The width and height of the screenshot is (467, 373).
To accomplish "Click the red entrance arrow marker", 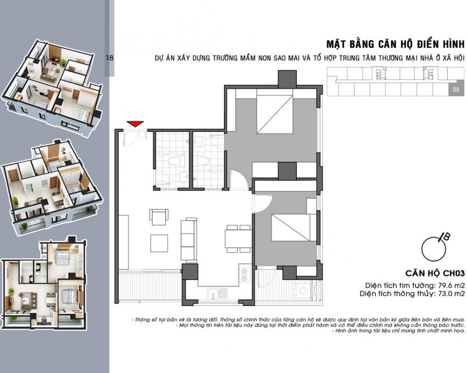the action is tap(135, 124).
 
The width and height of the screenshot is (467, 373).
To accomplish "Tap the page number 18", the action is tap(110, 58).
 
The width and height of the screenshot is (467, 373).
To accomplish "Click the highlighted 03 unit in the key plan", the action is tap(456, 89).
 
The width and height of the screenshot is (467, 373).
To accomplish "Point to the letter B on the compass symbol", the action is tap(446, 237).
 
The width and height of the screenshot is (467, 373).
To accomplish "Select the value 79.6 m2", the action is tap(451, 285).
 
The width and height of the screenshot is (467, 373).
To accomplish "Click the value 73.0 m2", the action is tap(451, 294).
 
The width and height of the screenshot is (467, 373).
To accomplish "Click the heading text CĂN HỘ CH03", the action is tap(435, 273).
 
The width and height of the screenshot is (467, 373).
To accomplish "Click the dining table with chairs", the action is tap(238, 239).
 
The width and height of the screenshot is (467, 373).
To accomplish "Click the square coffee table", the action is tap(159, 243).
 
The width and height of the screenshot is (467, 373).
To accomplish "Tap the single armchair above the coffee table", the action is tap(159, 217).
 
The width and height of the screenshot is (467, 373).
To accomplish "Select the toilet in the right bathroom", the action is tap(203, 162).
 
